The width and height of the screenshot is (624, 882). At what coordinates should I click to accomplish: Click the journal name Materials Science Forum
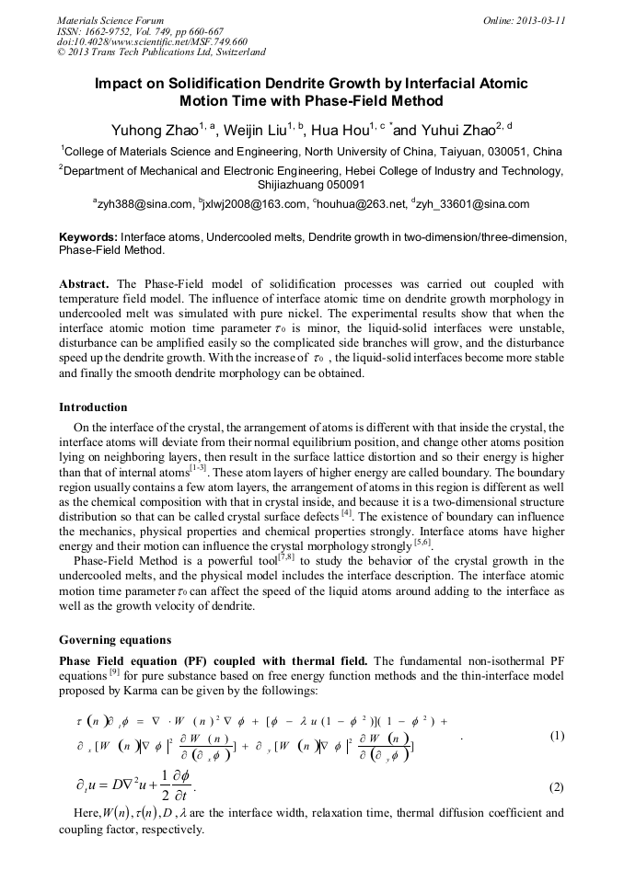click(110, 19)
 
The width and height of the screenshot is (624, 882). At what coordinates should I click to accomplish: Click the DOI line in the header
click(152, 41)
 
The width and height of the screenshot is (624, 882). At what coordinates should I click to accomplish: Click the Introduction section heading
click(93, 407)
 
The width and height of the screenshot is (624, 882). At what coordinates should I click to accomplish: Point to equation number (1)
click(556, 736)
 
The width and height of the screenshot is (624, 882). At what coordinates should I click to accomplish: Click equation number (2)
click(556, 788)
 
